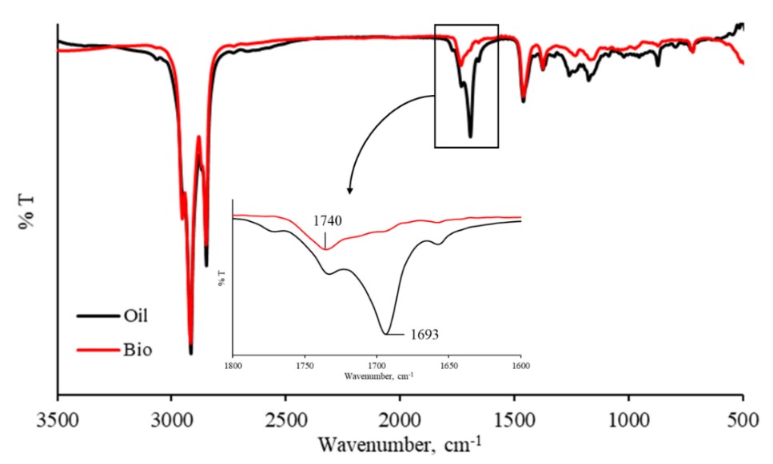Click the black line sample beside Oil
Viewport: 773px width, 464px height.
coord(94,315)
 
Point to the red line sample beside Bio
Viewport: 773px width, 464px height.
coord(94,350)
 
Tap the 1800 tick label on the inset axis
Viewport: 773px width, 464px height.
coord(233,364)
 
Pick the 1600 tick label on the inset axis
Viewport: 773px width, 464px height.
coord(520,364)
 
